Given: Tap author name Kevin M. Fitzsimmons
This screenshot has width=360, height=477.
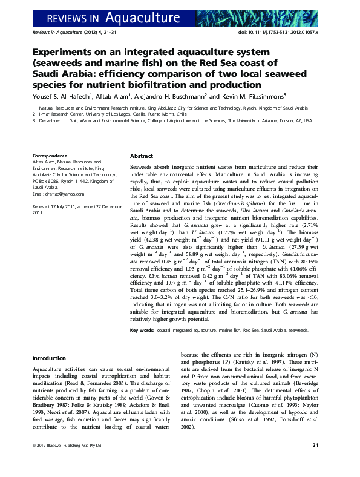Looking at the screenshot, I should [x=249, y=95].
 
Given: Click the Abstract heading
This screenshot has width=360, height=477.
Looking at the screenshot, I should [x=142, y=156].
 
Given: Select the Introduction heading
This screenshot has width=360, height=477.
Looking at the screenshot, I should [x=49, y=358].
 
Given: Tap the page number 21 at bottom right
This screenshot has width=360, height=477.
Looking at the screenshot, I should [x=315, y=462].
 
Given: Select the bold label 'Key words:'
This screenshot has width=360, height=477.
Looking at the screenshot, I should [x=142, y=331].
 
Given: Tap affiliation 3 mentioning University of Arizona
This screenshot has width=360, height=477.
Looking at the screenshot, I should [x=175, y=120].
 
